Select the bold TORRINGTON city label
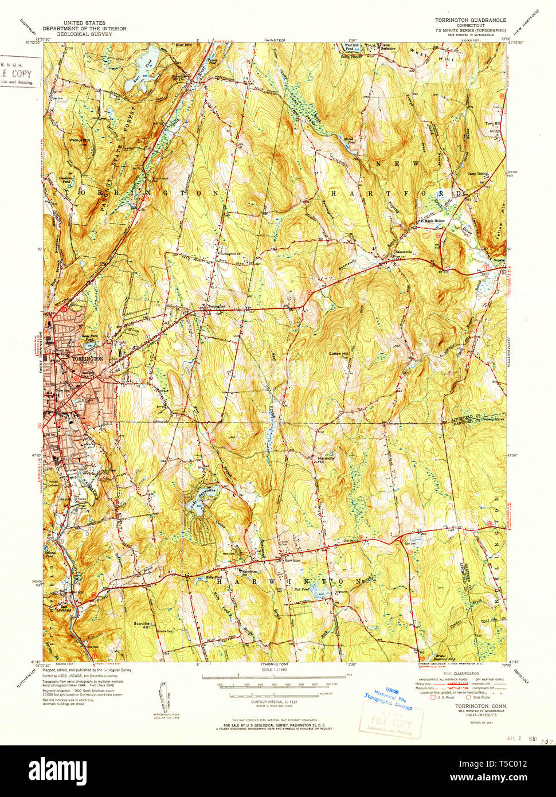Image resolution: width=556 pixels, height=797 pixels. [88, 358]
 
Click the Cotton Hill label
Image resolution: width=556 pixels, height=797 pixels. [338, 354]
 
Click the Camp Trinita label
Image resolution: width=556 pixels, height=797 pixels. [477, 174]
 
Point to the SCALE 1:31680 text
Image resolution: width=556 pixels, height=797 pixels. [274, 669]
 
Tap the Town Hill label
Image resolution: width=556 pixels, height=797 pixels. [493, 124]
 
